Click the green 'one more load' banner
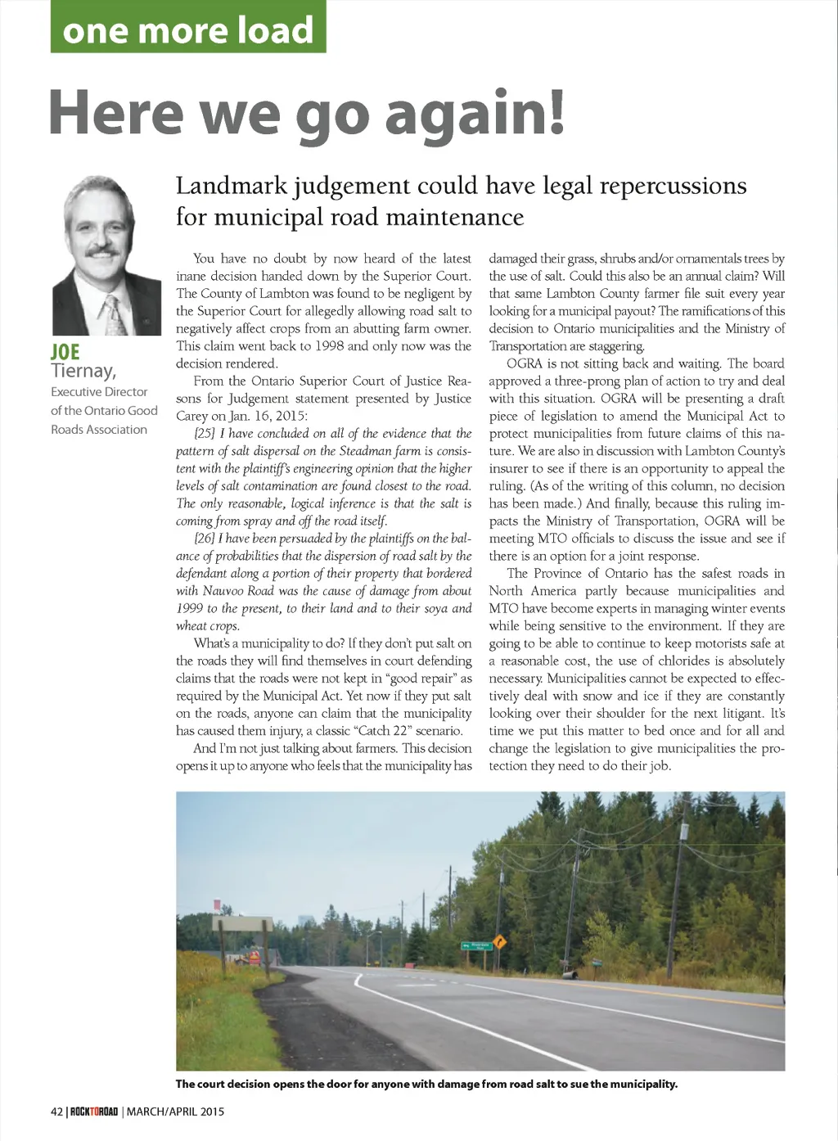pyautogui.click(x=188, y=28)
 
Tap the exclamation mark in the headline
pyautogui.click(x=555, y=112)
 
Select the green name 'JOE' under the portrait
pyautogui.click(x=65, y=352)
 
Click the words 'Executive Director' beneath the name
pyautogui.click(x=99, y=391)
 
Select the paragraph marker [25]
pyautogui.click(x=205, y=433)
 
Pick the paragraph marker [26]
pyautogui.click(x=205, y=538)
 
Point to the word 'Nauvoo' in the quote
pyautogui.click(x=226, y=590)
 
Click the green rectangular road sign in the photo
pyautogui.click(x=476, y=945)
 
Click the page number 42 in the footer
pyautogui.click(x=56, y=1112)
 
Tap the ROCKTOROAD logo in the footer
pyautogui.click(x=94, y=1112)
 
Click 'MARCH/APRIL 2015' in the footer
pyautogui.click(x=175, y=1112)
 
